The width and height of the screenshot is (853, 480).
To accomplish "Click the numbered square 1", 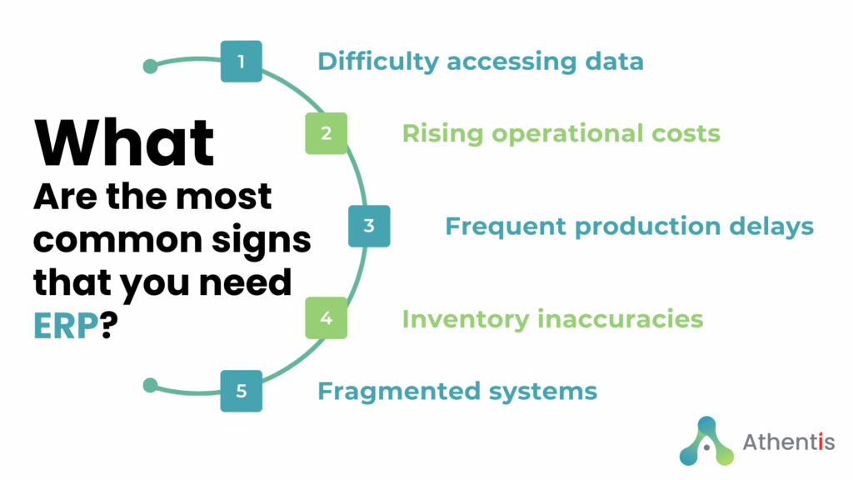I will [241, 62].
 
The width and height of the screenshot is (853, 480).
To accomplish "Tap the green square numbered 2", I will [326, 133].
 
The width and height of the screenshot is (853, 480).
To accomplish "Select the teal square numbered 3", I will [369, 226].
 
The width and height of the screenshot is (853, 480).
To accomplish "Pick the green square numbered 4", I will [326, 318].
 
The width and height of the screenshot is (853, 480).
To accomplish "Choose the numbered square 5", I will [241, 391].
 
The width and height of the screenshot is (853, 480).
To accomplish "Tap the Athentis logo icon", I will [706, 442].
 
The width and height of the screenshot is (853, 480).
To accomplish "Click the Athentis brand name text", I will [788, 442].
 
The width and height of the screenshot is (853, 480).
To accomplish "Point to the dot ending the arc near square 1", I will [150, 67].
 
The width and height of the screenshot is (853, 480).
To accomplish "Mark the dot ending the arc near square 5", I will [150, 385].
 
